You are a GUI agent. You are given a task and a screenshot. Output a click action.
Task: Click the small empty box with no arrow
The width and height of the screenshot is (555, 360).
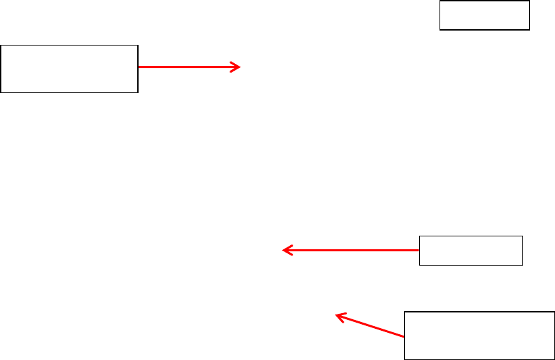coord(484,15)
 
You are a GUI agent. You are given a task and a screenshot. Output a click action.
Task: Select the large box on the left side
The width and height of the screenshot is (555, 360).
coord(69,69)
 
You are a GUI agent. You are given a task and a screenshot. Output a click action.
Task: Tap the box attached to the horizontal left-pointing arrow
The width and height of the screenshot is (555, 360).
coord(471,250)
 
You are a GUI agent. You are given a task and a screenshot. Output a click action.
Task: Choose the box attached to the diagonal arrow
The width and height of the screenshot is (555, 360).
coord(480,335)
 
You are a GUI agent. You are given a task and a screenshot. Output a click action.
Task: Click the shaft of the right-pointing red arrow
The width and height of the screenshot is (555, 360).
coord(187,67)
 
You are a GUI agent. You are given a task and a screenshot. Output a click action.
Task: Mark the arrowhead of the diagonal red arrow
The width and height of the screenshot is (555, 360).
coord(339,315)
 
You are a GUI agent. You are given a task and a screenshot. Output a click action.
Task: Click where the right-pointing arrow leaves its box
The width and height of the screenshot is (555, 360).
coord(139,67)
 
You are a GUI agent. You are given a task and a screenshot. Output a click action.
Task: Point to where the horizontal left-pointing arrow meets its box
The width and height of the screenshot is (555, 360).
coord(420,251)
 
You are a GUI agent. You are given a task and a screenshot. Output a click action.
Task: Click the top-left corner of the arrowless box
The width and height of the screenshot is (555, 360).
coord(440,1)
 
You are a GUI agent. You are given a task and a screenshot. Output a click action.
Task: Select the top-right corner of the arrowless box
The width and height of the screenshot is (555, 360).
coord(529,1)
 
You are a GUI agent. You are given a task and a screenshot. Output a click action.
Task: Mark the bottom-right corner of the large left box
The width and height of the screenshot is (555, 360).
coord(138,92)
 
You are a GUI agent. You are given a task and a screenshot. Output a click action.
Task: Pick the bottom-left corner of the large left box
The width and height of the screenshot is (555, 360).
coord(1,92)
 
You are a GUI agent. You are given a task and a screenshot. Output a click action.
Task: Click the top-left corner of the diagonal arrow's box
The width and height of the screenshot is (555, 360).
coord(405,312)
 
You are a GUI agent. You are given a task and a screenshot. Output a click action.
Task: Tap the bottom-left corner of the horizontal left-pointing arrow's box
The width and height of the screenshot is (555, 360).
coord(420,265)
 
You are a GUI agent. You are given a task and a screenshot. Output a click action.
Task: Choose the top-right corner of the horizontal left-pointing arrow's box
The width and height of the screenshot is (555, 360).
coord(522,236)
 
